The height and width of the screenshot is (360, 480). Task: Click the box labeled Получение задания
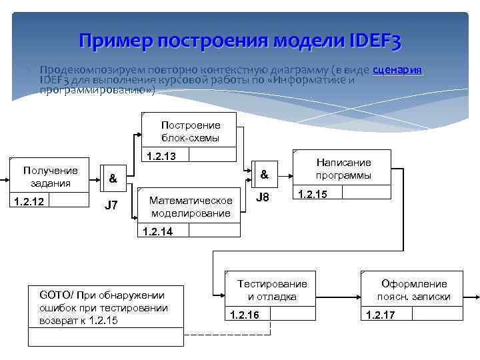tap(50, 177)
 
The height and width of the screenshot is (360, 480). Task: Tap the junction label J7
tap(111, 205)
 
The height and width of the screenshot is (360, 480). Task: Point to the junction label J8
tap(264, 198)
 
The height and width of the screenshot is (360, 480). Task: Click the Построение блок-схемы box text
tap(190, 131)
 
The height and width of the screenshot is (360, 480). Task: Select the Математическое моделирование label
tap(191, 207)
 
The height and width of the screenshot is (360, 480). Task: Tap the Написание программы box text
tap(343, 169)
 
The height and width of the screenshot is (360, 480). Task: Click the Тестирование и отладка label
tap(272, 290)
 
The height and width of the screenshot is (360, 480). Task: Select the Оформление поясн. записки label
tap(413, 290)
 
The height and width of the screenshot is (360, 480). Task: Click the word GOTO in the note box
tap(54, 295)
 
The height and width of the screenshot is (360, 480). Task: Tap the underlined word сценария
tap(397, 69)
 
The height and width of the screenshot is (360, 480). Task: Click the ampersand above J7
tap(113, 179)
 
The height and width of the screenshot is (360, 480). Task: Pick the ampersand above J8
tap(264, 175)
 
